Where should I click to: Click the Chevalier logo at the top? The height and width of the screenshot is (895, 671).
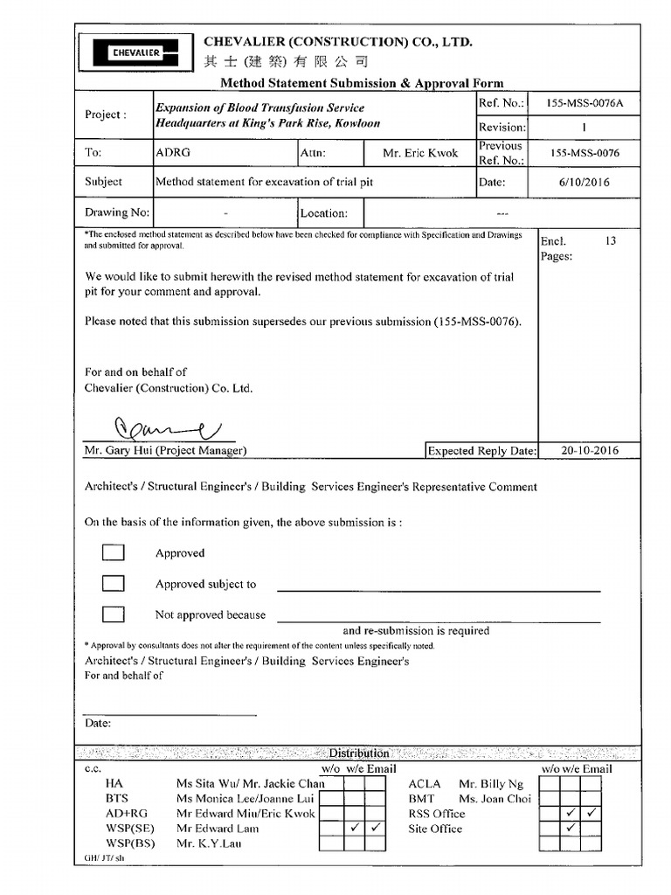pos(134,52)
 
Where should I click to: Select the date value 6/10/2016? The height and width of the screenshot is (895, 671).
pos(584,183)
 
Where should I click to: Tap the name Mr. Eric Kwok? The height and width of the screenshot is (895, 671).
pos(419,153)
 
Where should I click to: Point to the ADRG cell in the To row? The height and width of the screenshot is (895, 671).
pos(173,153)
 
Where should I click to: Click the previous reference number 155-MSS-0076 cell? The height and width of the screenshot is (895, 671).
pos(584,153)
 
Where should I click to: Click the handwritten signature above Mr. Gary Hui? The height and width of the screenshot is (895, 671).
pos(166,428)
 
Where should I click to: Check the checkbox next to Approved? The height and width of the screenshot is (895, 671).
pos(113,552)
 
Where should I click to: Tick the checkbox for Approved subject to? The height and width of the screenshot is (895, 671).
pos(113,583)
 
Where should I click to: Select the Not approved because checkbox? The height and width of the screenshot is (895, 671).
pos(113,614)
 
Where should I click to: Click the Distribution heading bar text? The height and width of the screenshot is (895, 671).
pos(358,753)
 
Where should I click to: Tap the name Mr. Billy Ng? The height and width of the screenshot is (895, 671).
pos(491,784)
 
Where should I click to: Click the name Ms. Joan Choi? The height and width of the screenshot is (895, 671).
pos(495,799)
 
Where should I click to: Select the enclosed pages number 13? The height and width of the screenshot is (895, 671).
pos(610,241)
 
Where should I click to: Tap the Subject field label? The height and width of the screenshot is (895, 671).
pos(103,183)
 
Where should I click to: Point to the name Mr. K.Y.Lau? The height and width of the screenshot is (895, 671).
pos(207,843)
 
